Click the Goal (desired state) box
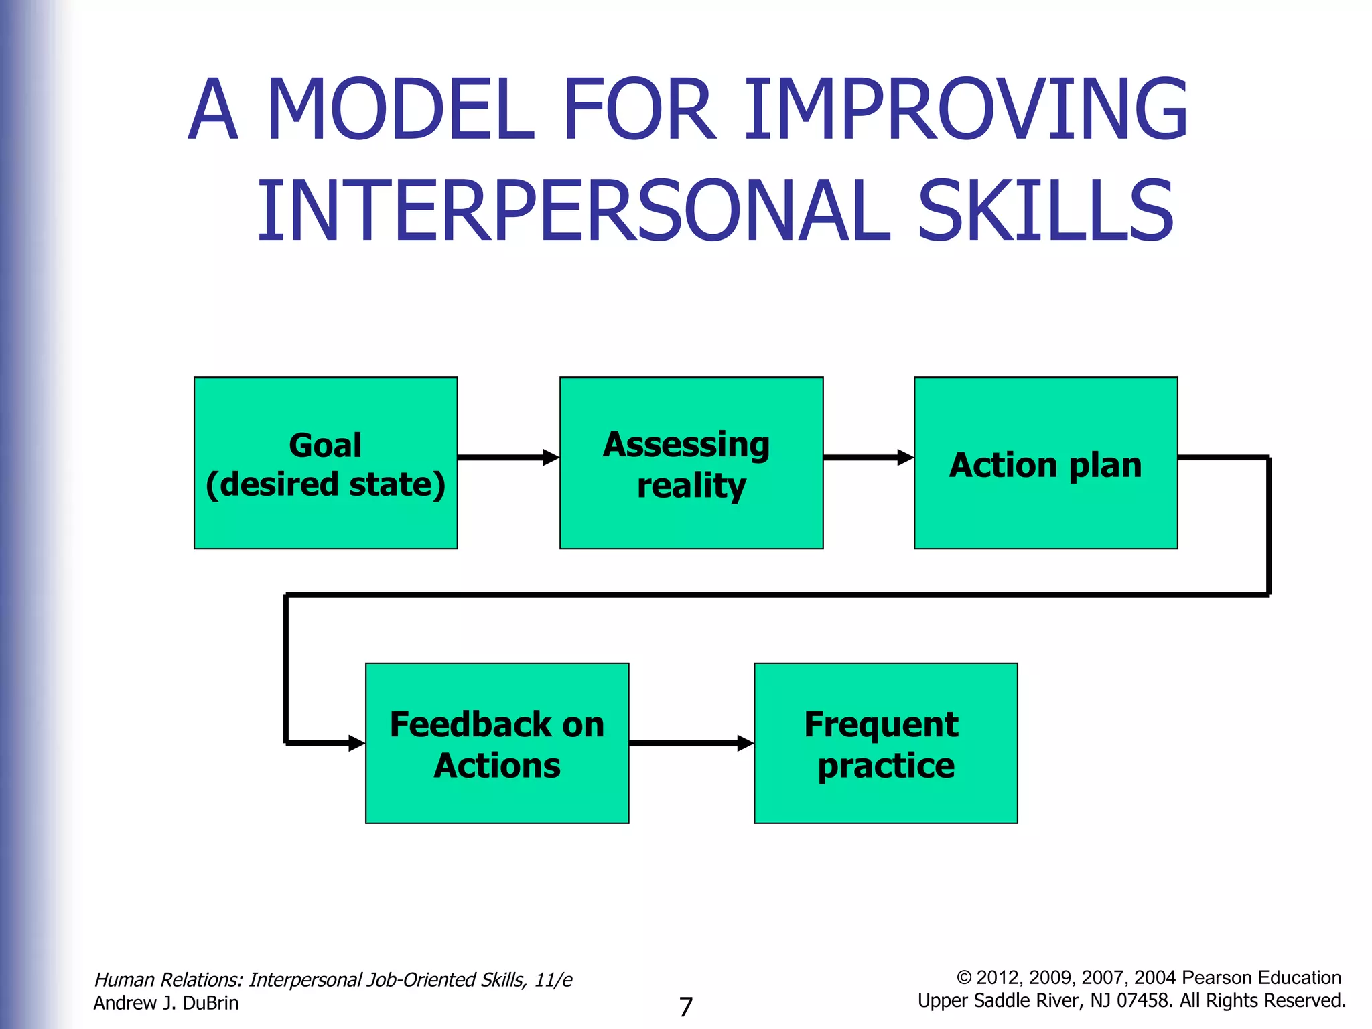pyautogui.click(x=326, y=463)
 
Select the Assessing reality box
pyautogui.click(x=691, y=463)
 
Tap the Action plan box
pyautogui.click(x=1045, y=463)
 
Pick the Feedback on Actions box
pyautogui.click(x=496, y=743)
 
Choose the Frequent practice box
pyautogui.click(x=885, y=743)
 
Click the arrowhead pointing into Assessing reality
pyautogui.click(x=551, y=458)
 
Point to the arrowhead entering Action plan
pyautogui.click(x=906, y=458)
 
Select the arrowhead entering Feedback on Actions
pyautogui.click(x=357, y=743)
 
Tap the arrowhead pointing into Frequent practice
pyautogui.click(x=746, y=743)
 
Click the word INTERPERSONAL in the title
pyautogui.click(x=574, y=211)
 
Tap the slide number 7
pyautogui.click(x=685, y=1007)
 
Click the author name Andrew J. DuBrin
pyautogui.click(x=165, y=1003)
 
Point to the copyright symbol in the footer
pyautogui.click(x=963, y=978)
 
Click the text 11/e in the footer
pyautogui.click(x=553, y=980)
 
